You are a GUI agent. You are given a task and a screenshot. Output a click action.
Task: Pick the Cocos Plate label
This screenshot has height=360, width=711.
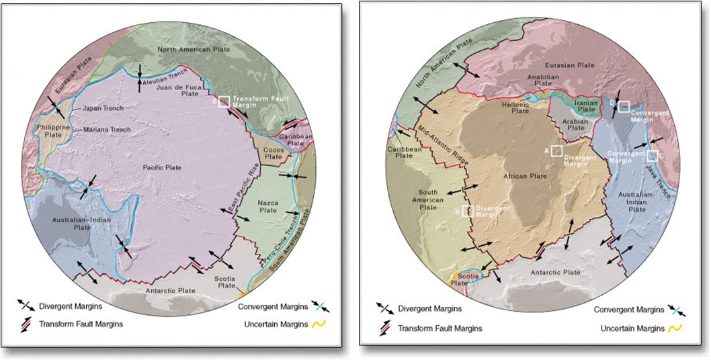pyautogui.click(x=273, y=152)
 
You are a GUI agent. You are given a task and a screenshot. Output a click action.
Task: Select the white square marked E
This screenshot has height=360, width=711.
pyautogui.click(x=224, y=101)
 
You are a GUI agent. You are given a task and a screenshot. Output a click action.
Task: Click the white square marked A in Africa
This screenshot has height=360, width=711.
pyautogui.click(x=556, y=151)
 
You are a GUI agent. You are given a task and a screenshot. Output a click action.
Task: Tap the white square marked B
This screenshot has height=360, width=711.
pyautogui.click(x=468, y=211)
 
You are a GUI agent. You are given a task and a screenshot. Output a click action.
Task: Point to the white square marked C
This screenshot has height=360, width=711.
pyautogui.click(x=651, y=156)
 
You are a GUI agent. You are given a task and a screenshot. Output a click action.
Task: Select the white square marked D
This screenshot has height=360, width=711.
pyautogui.click(x=624, y=106)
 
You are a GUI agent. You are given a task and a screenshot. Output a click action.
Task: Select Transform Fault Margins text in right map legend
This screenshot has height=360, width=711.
pyautogui.click(x=440, y=328)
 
